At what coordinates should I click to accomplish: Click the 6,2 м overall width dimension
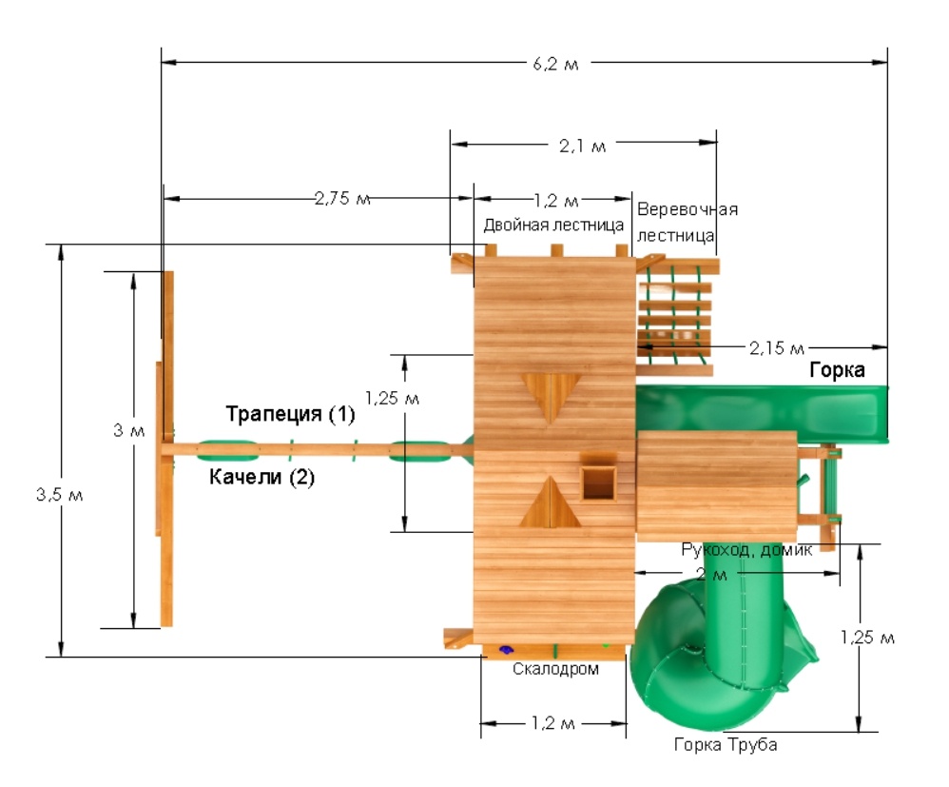coord(555,64)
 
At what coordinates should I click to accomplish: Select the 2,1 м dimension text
coord(582,146)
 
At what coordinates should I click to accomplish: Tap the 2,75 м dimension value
coord(342,198)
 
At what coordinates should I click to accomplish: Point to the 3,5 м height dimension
coord(59,495)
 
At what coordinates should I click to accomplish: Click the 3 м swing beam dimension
coord(128,431)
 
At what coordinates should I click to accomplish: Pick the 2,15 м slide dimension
coord(777,347)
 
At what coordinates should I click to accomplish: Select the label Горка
coord(837,369)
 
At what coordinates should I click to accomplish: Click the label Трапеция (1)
coord(290,414)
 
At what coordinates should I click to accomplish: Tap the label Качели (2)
coord(261,477)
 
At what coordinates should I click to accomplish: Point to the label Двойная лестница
coord(553,226)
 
